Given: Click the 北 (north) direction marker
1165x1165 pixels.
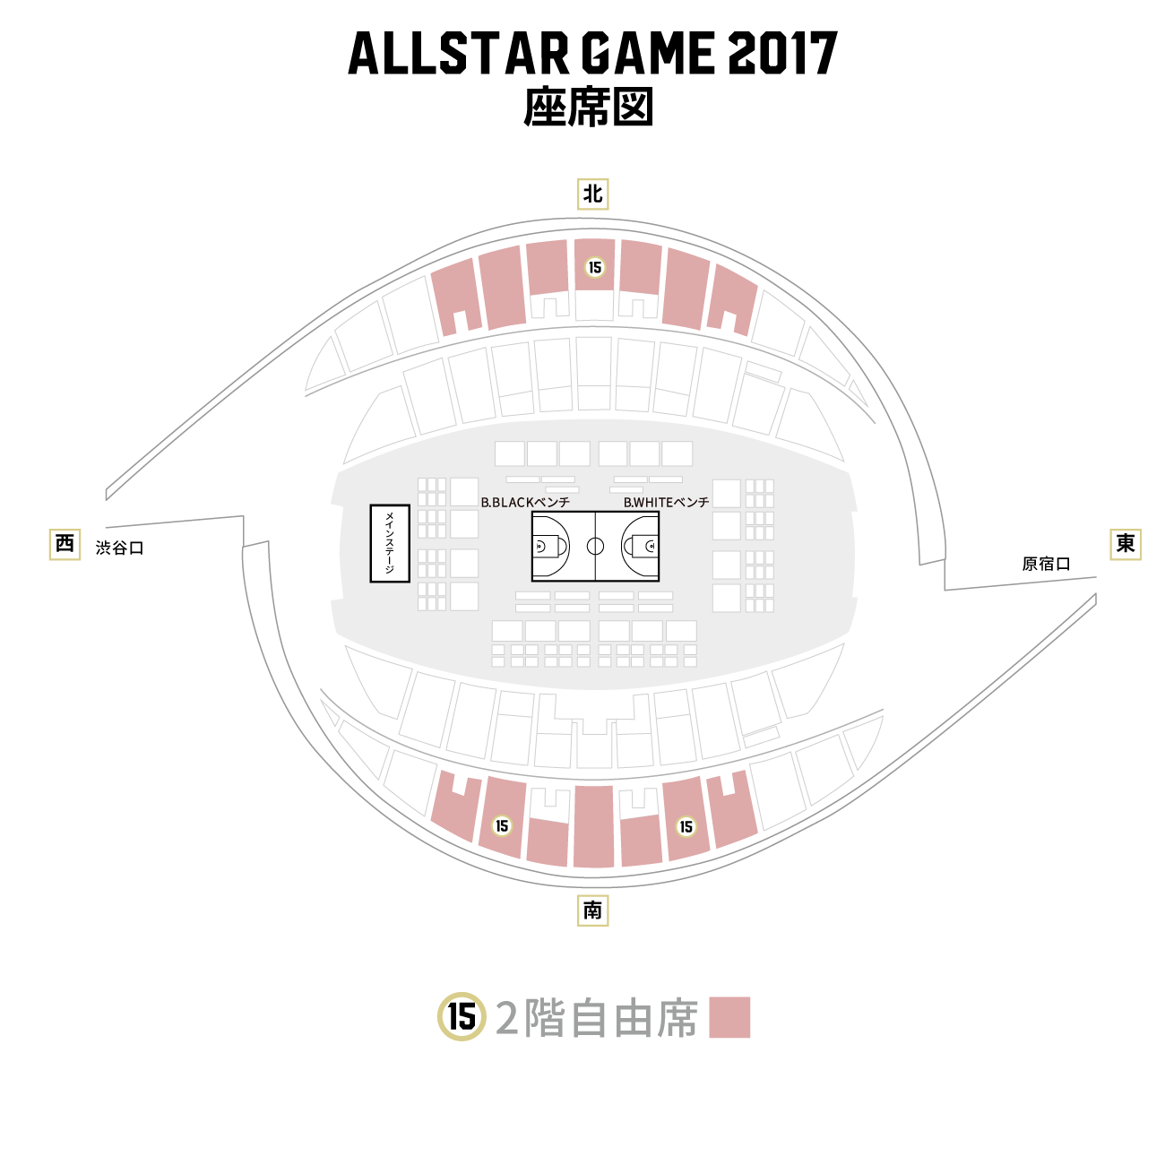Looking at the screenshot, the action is (x=591, y=194).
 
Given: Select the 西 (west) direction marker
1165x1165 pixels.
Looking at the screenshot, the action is (x=65, y=544).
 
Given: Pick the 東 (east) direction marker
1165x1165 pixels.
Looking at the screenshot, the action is (x=1125, y=544).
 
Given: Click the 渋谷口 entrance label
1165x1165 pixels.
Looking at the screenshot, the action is (x=120, y=548).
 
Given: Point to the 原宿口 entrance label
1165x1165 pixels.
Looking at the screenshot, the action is (x=1046, y=564).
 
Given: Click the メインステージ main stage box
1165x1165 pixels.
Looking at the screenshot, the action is (x=390, y=543).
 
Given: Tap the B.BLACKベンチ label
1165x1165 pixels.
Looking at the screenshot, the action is (x=525, y=503).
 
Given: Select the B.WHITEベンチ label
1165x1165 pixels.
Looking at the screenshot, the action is (x=666, y=503).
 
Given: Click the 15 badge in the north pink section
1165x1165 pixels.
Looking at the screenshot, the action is (x=595, y=267).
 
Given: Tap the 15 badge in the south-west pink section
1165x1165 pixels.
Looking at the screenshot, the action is (x=502, y=825).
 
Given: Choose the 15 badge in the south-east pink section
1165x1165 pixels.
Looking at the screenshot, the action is (x=686, y=826).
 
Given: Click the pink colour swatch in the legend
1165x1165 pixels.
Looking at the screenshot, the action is (x=729, y=1017).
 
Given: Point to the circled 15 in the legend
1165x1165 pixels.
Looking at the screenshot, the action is (x=462, y=1017).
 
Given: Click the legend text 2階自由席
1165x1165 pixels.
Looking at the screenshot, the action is (x=596, y=1018).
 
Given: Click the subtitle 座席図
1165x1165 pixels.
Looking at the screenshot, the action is (x=588, y=108).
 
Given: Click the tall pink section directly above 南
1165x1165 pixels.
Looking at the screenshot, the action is (x=593, y=826).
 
